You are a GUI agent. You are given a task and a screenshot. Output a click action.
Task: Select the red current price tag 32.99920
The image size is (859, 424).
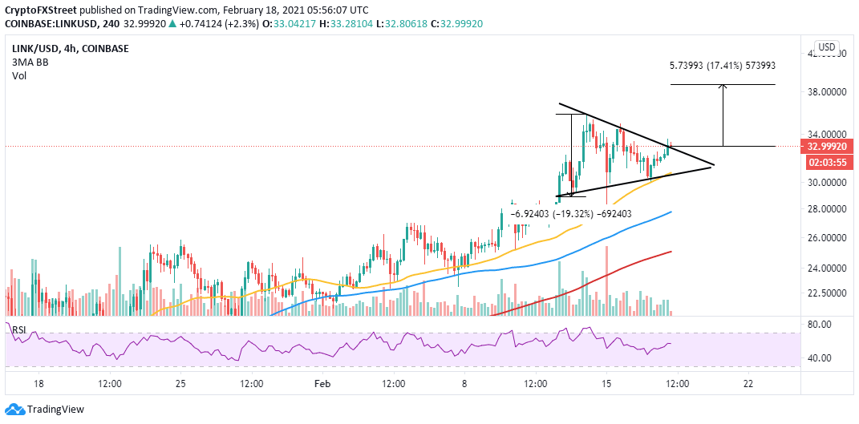(x=825, y=147)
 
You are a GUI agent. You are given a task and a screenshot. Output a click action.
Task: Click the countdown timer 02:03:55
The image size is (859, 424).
(x=825, y=161)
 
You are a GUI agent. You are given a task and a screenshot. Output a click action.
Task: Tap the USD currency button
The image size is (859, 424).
(x=826, y=46)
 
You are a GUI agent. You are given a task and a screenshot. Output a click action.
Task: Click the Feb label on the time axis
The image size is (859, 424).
(x=321, y=384)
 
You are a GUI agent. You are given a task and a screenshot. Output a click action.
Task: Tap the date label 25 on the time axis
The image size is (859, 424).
(x=180, y=384)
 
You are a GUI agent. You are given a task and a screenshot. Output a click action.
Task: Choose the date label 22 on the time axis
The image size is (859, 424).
(x=748, y=384)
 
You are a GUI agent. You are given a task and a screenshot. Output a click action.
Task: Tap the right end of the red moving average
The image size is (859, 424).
(x=670, y=252)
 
